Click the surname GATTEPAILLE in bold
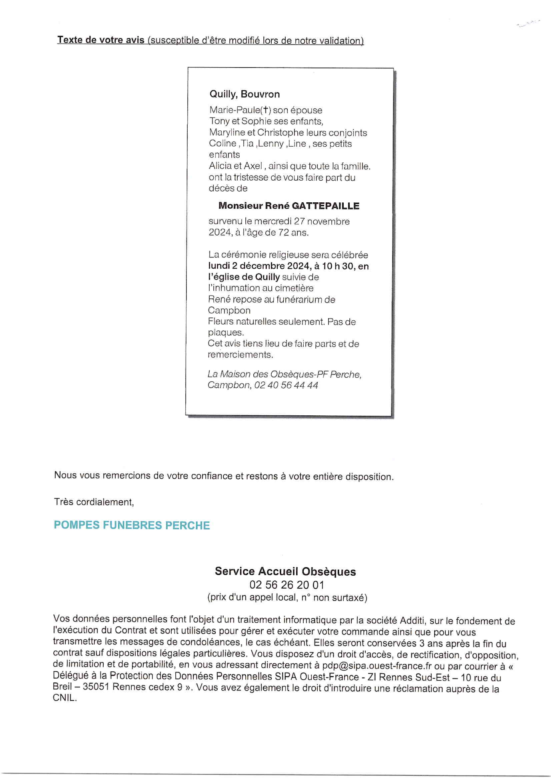[325, 206]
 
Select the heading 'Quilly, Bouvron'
[244, 94]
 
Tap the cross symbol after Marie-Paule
[266, 110]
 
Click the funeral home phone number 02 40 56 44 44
[286, 385]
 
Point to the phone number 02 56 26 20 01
[287, 585]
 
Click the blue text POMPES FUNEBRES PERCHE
[132, 525]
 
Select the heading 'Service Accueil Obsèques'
[285, 571]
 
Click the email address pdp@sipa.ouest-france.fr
[377, 666]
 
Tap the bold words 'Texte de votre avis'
[101, 40]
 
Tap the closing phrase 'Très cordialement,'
[94, 502]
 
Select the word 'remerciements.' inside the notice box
[240, 355]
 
